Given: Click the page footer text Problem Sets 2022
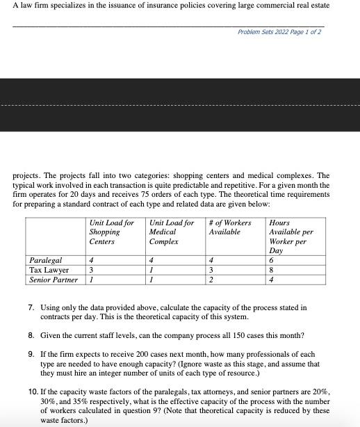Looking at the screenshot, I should click(279, 32).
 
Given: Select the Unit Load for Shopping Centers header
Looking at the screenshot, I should click(111, 232).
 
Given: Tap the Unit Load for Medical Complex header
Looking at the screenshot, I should click(171, 232).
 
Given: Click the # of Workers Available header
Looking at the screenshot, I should click(229, 227).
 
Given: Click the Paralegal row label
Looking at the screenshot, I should click(46, 261).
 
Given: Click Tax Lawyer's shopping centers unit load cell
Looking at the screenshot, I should click(91, 270).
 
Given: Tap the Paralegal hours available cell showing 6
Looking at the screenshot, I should click(271, 261).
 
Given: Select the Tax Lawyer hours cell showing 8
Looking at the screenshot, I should click(271, 270).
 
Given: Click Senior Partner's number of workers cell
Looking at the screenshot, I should click(211, 280).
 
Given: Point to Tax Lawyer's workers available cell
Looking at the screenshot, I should click(211, 270).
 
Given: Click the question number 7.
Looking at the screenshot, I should click(31, 307).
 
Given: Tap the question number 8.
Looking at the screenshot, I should click(31, 335).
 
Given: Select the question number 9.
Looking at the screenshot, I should click(31, 354).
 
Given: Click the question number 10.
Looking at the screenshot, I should click(33, 392).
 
